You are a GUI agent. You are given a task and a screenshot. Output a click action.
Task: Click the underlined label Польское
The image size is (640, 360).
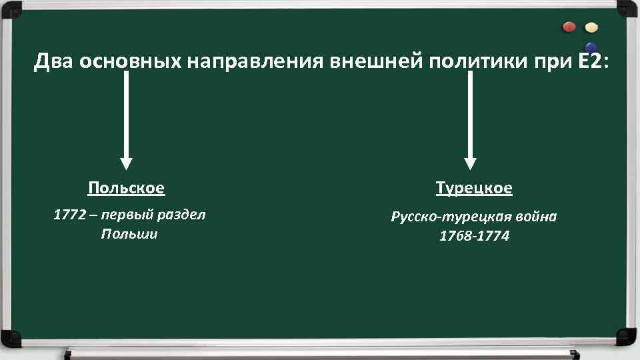point(127,189)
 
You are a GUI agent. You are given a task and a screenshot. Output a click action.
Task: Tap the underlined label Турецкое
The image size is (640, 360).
point(474,189)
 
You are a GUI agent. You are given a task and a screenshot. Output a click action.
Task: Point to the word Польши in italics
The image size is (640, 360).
point(129,234)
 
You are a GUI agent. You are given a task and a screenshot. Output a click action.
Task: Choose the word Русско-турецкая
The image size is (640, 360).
point(450,217)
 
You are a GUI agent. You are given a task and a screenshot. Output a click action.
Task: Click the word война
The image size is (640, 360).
point(535,217)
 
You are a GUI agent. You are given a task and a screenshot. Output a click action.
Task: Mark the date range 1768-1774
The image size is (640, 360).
point(474,237)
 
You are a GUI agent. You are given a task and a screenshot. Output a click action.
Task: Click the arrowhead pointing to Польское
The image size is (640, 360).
point(126,163)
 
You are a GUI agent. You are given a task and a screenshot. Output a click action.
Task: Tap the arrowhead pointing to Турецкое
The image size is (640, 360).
point(471,163)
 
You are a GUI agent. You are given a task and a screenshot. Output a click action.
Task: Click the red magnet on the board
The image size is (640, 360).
point(569,27)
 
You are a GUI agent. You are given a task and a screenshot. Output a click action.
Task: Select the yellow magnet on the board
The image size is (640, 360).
point(591,28)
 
